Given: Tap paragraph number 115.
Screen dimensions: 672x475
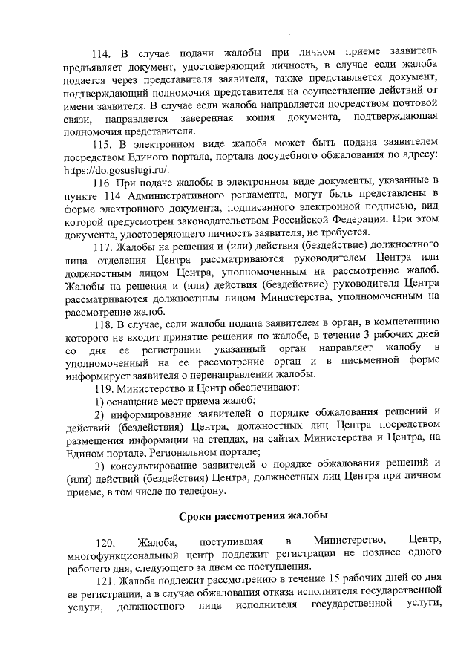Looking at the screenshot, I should coord(103,141).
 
